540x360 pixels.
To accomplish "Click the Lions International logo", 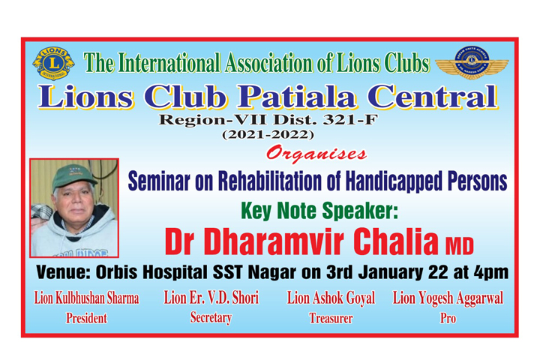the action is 53,64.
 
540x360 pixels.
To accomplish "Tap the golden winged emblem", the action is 472,63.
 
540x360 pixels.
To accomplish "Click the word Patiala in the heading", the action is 296,97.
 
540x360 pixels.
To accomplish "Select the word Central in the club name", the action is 433,97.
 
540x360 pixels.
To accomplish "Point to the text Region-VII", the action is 212,120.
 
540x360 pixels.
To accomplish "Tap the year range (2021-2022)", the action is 268,134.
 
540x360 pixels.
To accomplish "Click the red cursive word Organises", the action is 316,154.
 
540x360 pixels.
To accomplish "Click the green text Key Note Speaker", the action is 319,211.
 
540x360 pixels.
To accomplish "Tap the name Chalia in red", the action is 396,241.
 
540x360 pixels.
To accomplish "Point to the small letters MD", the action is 460,245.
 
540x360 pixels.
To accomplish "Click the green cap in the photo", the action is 73,175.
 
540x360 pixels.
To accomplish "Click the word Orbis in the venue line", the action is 116,272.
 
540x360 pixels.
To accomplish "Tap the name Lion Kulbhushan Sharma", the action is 86,298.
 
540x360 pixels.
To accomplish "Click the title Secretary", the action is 211,318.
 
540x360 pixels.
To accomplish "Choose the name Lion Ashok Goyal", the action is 331,298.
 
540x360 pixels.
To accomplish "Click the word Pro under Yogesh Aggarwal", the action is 448,318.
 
